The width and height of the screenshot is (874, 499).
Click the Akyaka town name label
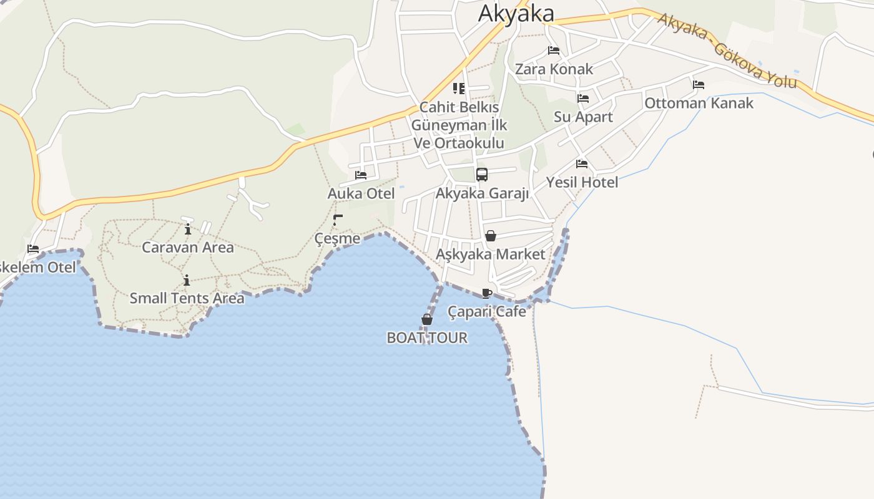pyautogui.click(x=516, y=13)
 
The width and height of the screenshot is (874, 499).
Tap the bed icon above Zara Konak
pyautogui.click(x=553, y=51)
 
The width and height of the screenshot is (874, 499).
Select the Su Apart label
pyautogui.click(x=583, y=117)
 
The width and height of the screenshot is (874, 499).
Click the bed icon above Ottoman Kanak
pyautogui.click(x=699, y=85)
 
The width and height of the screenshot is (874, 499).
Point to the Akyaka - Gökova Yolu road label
pyautogui.click(x=727, y=51)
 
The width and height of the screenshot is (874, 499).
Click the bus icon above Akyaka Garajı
pyautogui.click(x=482, y=175)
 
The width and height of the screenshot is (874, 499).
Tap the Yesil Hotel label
pyautogui.click(x=582, y=182)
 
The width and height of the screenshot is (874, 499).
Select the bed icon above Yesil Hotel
pyautogui.click(x=582, y=164)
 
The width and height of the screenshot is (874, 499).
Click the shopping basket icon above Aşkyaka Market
pyautogui.click(x=491, y=236)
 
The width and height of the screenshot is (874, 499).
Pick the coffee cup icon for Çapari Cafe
pyautogui.click(x=487, y=293)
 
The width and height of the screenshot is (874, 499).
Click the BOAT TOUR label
pyautogui.click(x=427, y=338)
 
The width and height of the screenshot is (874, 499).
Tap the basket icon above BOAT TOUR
pyautogui.click(x=427, y=320)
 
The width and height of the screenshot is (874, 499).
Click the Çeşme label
pyautogui.click(x=337, y=238)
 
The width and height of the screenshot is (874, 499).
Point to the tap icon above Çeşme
pyautogui.click(x=338, y=220)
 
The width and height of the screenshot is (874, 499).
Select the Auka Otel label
pyautogui.click(x=361, y=193)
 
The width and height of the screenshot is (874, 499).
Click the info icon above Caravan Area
pyautogui.click(x=188, y=229)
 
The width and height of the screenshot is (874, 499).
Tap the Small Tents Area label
pyautogui.click(x=187, y=298)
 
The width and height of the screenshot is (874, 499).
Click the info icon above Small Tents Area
pyautogui.click(x=187, y=280)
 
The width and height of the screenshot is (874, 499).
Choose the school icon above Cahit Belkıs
pyautogui.click(x=459, y=89)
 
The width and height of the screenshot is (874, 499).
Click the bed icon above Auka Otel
pyautogui.click(x=361, y=175)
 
